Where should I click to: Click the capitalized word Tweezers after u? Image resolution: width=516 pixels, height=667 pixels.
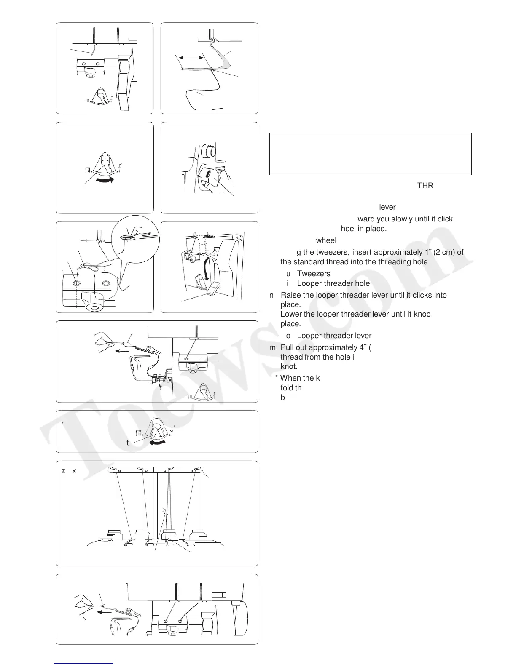coord(314,274)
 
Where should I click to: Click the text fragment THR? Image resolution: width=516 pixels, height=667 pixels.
coord(425,186)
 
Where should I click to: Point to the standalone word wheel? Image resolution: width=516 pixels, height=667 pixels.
coord(326,240)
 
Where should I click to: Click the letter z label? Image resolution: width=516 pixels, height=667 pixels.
coord(63,471)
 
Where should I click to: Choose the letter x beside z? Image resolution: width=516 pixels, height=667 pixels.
coord(74,471)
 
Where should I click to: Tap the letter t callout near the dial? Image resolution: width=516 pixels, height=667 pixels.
coord(127,443)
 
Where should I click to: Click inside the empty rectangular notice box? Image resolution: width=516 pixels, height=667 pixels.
coord(370,154)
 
